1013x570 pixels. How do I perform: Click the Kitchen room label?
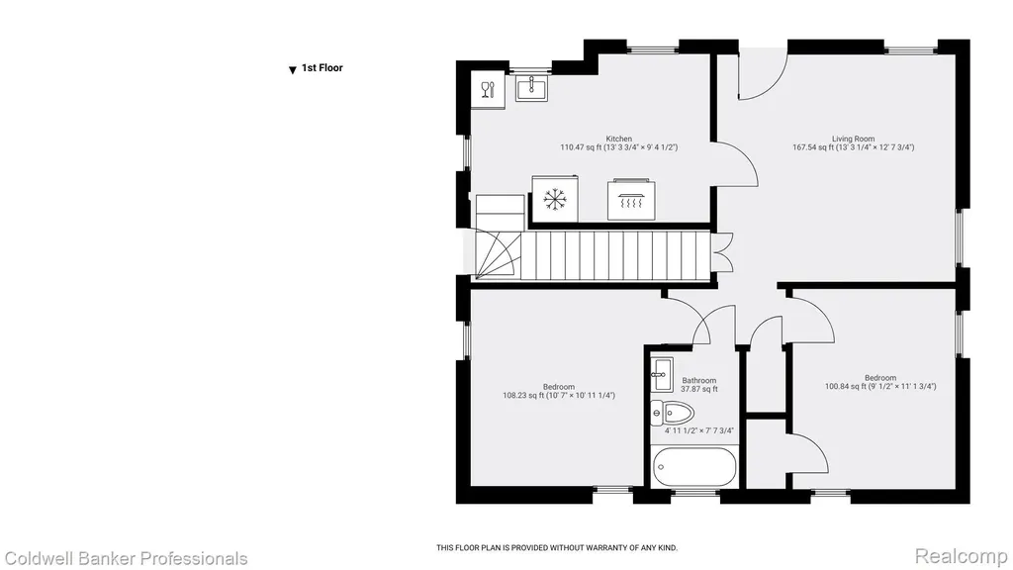[x=619, y=139]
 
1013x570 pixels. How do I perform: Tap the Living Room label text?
[x=853, y=139]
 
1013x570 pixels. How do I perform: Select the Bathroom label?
[x=699, y=381]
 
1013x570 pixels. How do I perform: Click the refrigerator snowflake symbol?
[x=554, y=199]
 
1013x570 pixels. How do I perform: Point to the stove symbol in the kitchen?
[x=631, y=200]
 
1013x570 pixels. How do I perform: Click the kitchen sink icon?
[x=531, y=88]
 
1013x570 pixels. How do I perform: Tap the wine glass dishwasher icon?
[x=488, y=90]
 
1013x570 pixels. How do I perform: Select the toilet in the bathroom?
[x=672, y=413]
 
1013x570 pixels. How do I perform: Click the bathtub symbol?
[x=694, y=467]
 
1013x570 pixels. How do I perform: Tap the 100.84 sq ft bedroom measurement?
[x=845, y=387]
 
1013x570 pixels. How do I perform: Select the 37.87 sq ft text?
[x=699, y=389]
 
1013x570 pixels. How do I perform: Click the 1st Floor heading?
[x=322, y=68]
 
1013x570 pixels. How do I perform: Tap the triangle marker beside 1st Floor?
[x=293, y=70]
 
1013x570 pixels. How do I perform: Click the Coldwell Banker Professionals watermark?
[x=126, y=558]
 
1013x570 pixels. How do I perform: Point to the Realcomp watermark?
[x=962, y=556]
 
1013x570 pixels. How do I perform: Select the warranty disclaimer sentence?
[x=557, y=548]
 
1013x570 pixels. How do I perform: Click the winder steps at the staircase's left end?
[x=499, y=256]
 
